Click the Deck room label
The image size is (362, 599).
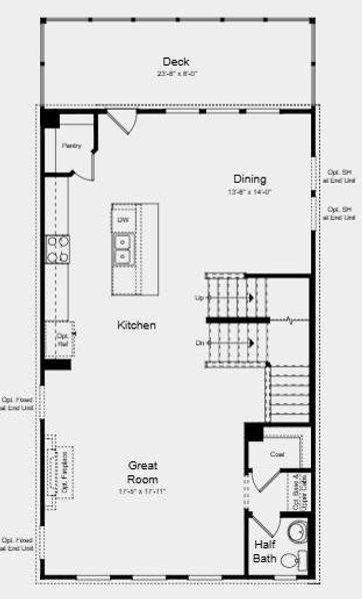pos(176,62)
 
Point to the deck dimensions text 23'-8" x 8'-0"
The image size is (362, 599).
pos(176,74)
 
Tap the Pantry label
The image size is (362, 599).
pos(71,146)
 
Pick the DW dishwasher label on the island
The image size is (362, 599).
pos(123,220)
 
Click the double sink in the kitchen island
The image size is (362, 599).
pos(123,249)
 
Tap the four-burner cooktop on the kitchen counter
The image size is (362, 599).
pos(57,248)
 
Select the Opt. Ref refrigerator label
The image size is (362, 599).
pos(62,339)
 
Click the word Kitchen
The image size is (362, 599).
pos(136,325)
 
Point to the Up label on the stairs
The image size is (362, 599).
pos(199,298)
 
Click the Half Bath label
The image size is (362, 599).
pos(264,551)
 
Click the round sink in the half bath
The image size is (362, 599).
pos(296,529)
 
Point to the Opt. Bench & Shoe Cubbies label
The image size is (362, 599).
pos(297,484)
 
